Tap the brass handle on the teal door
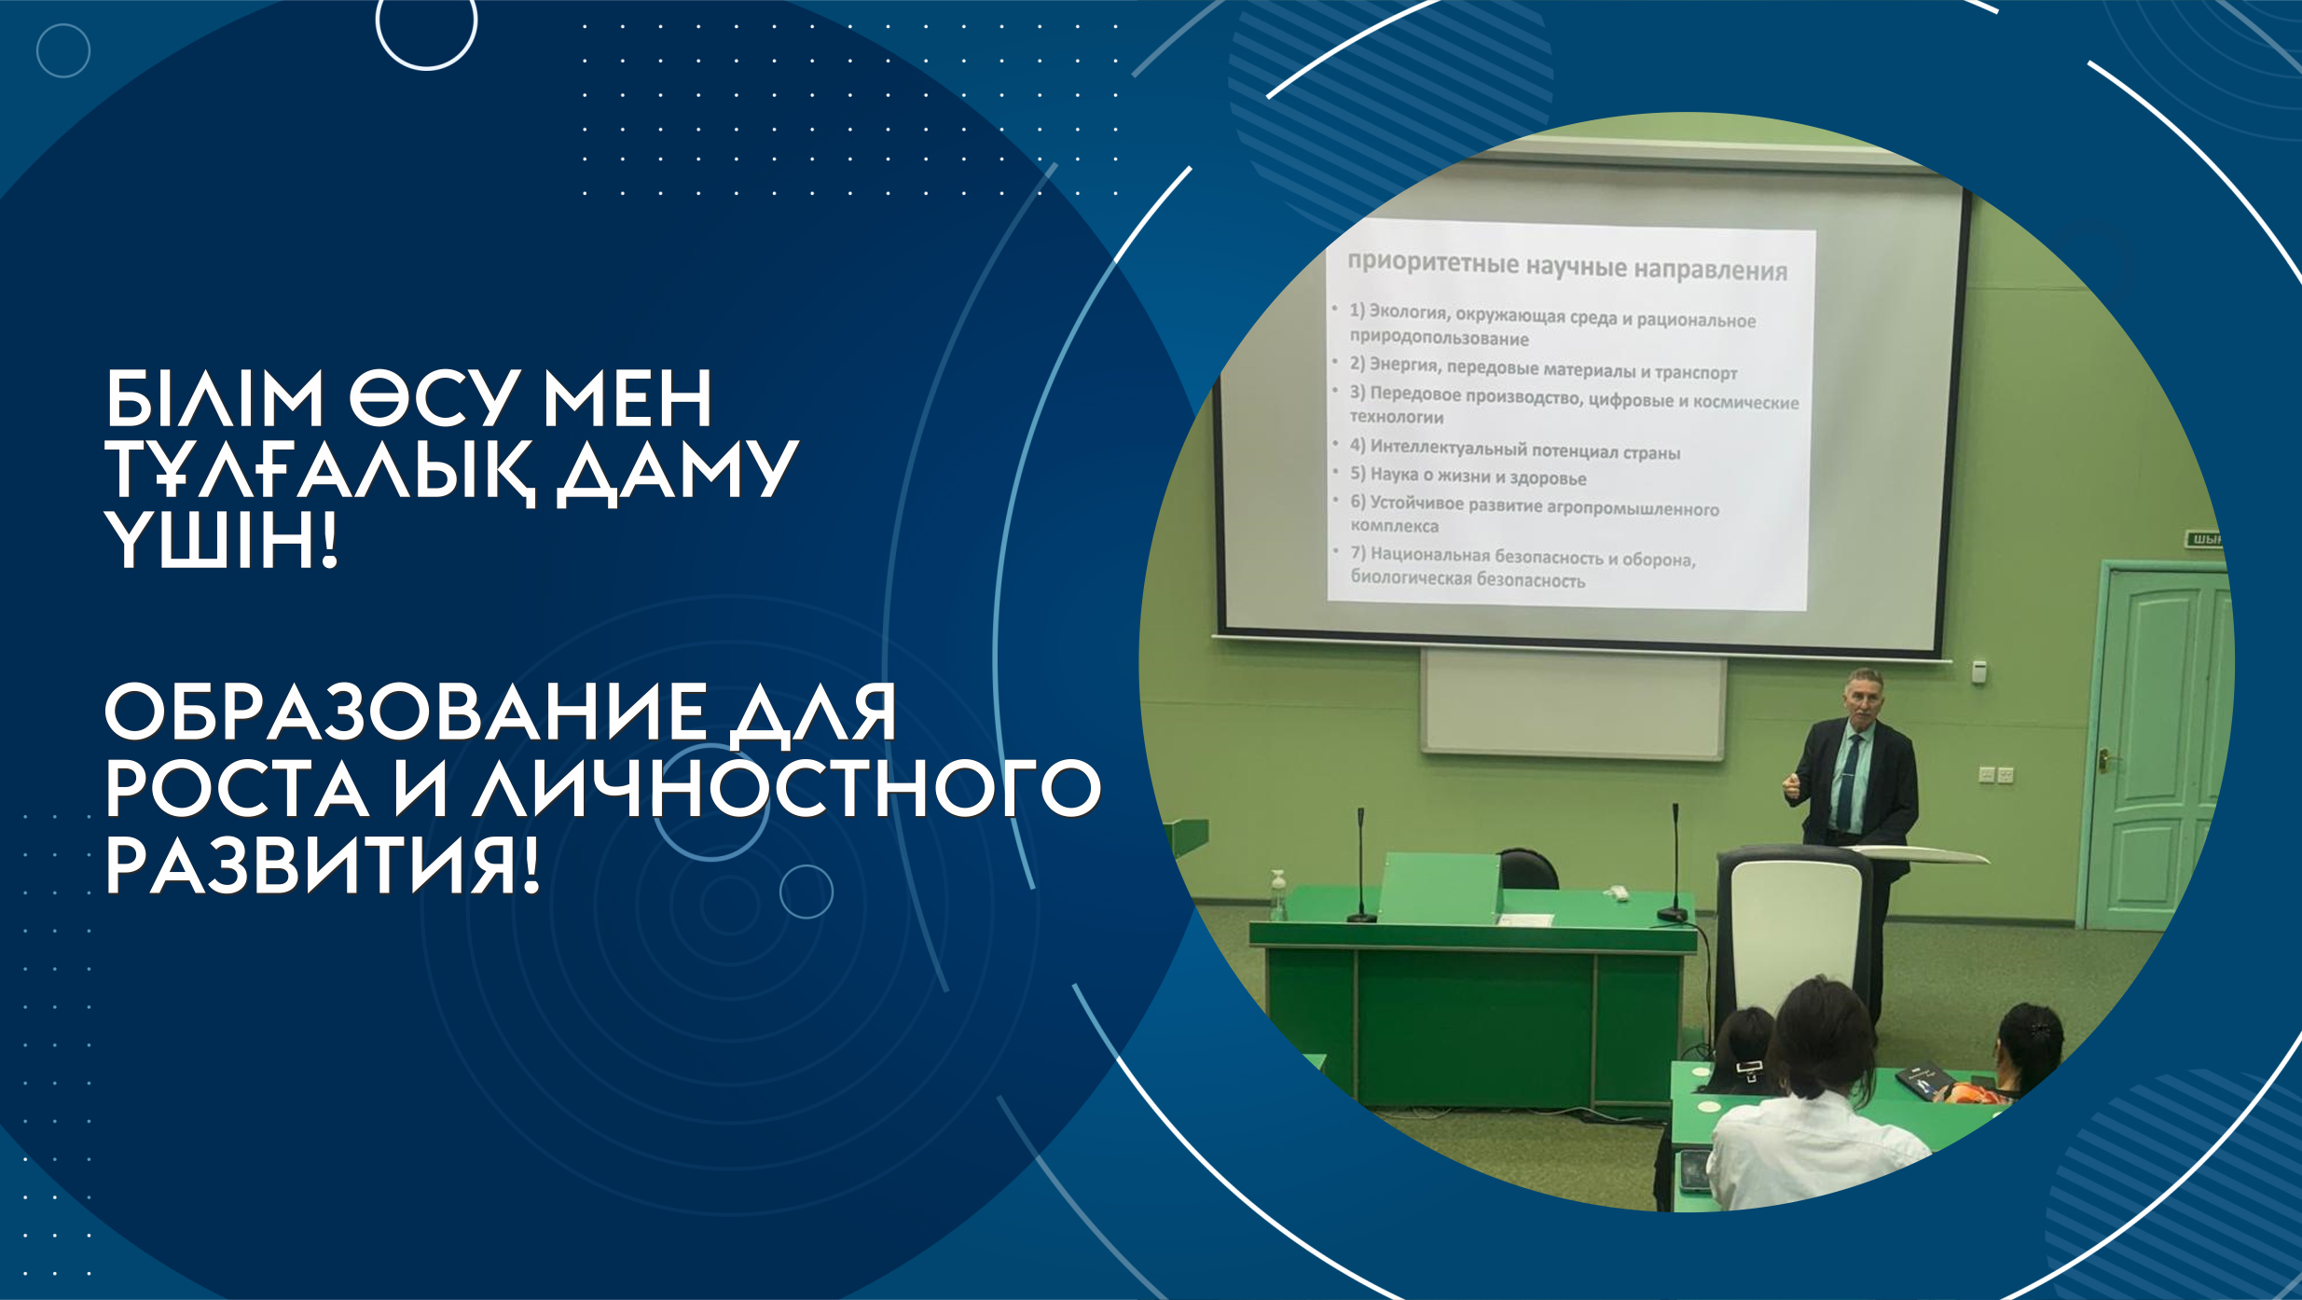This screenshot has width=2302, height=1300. tap(2103, 760)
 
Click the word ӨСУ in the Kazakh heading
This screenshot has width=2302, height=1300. tap(434, 398)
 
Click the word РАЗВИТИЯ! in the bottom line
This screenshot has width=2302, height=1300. tap(322, 867)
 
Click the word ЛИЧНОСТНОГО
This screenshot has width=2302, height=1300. tap(788, 789)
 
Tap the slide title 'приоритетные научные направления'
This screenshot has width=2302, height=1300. tap(1567, 267)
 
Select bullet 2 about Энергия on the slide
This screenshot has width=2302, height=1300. tap(1543, 369)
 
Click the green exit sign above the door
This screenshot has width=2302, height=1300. tap(2204, 539)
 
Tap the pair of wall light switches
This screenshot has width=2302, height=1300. tap(1995, 774)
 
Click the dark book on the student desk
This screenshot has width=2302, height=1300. tap(1923, 1080)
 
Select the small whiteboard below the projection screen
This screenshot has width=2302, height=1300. tap(1573, 704)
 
